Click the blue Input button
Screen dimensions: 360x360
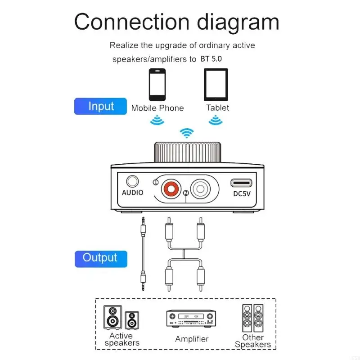(x=101, y=107)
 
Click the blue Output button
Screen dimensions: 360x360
(x=100, y=258)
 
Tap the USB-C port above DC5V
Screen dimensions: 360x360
(x=242, y=183)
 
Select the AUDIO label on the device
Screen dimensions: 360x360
(x=133, y=193)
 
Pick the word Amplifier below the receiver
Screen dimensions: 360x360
(x=192, y=339)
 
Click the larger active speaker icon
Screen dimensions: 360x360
(x=112, y=318)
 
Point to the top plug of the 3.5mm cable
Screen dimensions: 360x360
(x=143, y=225)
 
